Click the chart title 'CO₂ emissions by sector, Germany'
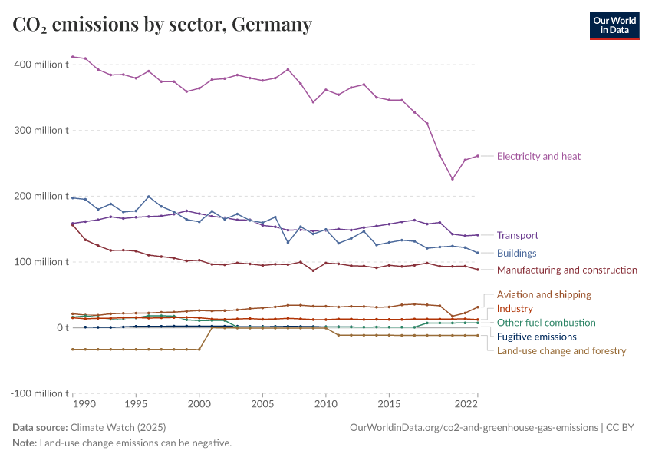[x=163, y=25]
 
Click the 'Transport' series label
[x=517, y=235]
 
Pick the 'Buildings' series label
[x=516, y=253]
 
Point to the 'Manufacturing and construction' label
[x=567, y=270]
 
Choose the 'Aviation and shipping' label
[x=544, y=294]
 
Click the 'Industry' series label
[x=515, y=308]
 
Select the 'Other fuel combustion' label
[x=546, y=323]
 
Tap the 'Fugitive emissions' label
[x=537, y=337]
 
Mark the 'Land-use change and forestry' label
[x=561, y=350]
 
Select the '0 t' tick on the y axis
[x=62, y=328]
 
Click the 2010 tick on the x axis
[x=326, y=403]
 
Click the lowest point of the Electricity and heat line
[x=453, y=179]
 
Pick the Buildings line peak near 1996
[x=149, y=197]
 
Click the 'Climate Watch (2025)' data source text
[x=117, y=427]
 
